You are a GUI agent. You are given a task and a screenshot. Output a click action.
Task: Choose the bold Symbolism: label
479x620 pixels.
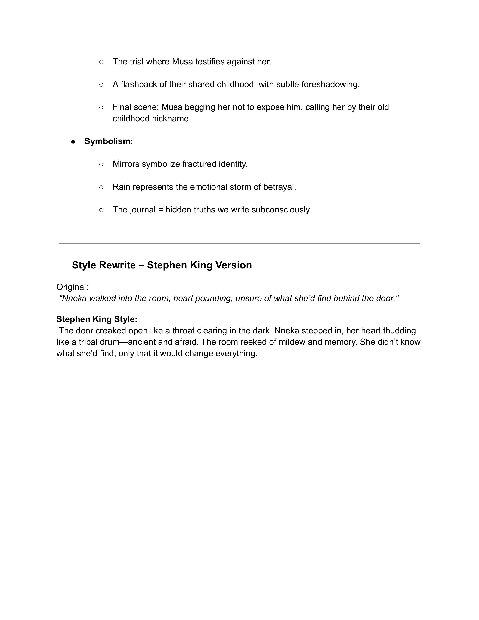click(109, 141)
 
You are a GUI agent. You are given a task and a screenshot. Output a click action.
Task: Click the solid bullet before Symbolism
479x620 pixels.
click(73, 141)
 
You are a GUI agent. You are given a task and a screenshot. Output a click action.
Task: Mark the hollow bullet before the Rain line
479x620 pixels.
click(101, 187)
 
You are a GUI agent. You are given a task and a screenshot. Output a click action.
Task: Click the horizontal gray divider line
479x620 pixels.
click(239, 243)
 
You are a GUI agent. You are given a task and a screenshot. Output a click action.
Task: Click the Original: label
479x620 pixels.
click(72, 287)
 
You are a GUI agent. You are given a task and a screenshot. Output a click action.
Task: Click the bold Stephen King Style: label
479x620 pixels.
click(97, 319)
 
